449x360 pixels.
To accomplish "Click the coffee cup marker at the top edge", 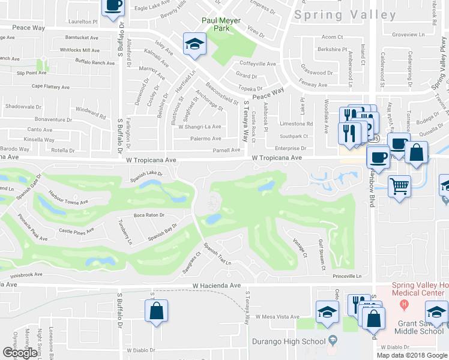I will pos(113,6).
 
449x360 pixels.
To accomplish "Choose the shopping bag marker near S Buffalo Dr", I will pos(156,311).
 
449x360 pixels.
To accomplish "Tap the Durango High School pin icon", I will pos(332,340).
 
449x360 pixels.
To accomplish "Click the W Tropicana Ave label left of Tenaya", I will pos(151,160).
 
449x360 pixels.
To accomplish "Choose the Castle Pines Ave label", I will pos(76,230).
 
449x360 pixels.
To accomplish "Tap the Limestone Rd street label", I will pos(297,124).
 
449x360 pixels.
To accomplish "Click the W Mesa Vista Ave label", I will pos(277,316).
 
